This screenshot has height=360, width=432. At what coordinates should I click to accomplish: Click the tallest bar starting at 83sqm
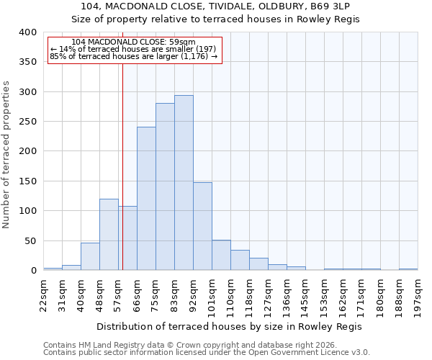tap(184, 183)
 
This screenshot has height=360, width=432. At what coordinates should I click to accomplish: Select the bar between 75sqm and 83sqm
tap(165, 186)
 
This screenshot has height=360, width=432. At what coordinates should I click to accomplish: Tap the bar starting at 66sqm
tap(146, 199)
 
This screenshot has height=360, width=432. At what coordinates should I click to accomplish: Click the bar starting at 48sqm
tap(109, 235)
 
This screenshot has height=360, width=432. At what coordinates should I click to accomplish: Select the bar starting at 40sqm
tap(90, 256)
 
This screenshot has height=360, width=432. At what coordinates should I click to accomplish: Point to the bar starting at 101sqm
tap(221, 255)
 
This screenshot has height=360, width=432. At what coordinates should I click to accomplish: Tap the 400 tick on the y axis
tap(27, 32)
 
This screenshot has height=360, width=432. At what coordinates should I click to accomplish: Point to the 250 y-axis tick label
tap(27, 122)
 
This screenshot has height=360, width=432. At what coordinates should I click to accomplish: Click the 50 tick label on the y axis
tap(30, 240)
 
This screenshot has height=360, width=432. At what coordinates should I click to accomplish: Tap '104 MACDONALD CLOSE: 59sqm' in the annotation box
tap(134, 42)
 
